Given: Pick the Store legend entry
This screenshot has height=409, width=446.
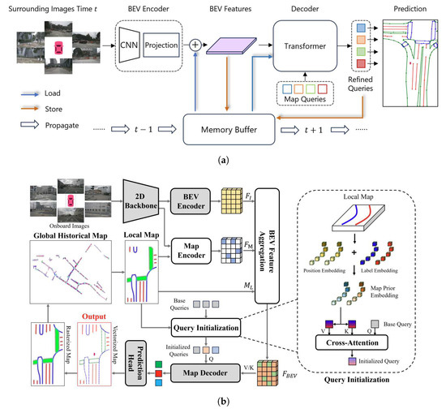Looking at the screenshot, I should (x=62, y=109).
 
